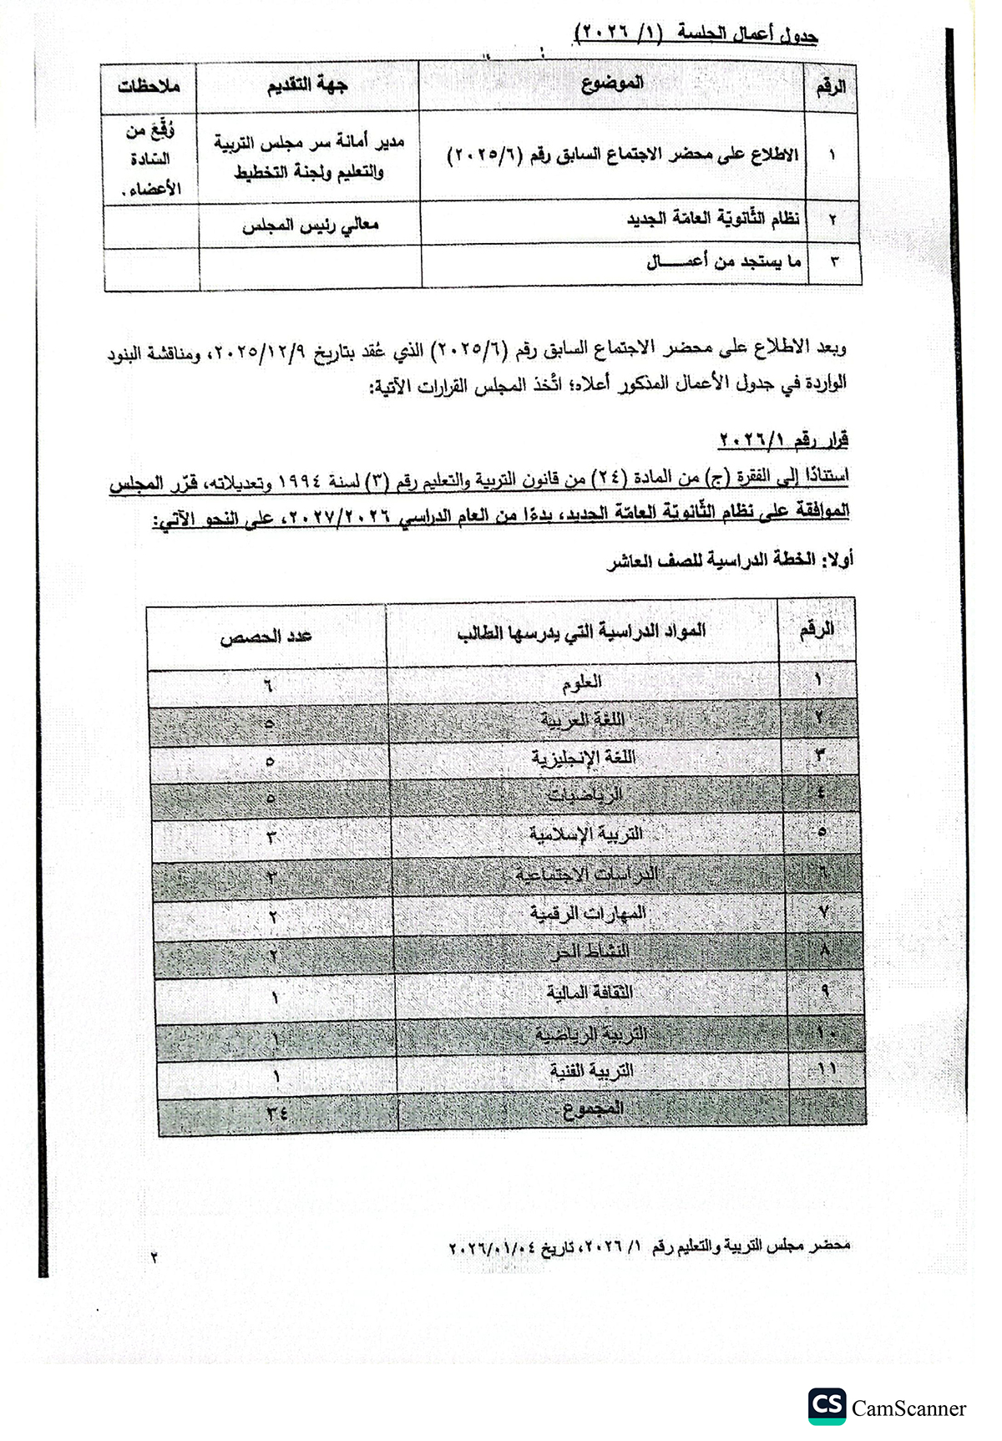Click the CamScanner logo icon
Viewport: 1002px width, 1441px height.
click(x=827, y=1406)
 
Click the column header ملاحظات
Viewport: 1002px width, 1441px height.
click(x=149, y=87)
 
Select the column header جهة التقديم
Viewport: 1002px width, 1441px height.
click(x=307, y=84)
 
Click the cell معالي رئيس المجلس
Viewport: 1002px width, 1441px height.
click(x=311, y=225)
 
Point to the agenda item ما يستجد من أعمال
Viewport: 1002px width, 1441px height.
click(x=724, y=262)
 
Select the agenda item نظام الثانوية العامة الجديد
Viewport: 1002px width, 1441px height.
click(x=713, y=219)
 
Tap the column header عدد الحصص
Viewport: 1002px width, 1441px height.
click(x=266, y=637)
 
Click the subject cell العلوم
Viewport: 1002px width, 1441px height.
click(x=583, y=682)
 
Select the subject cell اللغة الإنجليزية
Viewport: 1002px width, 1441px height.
click(x=584, y=758)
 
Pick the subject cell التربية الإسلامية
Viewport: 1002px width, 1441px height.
click(x=585, y=834)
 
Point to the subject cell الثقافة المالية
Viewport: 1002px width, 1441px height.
click(x=590, y=992)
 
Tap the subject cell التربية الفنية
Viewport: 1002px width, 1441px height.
click(x=591, y=1071)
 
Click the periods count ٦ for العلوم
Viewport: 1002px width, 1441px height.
click(x=269, y=686)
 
